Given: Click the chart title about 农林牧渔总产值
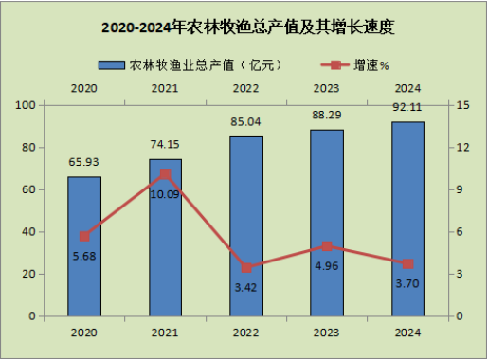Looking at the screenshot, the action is point(248,27).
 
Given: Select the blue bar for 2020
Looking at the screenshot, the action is point(84,246).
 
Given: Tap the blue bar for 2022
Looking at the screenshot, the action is point(246,226).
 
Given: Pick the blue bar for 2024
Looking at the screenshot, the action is point(407,219).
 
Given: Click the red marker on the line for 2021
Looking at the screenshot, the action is point(165,174).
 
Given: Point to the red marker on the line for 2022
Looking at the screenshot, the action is point(246,268).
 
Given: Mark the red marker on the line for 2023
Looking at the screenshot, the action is point(327,246).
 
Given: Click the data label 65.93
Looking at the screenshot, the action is point(83,162).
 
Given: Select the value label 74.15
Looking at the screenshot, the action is point(165,144).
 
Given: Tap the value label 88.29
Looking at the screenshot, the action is point(327,115).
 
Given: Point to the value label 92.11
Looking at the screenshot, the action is point(407,107).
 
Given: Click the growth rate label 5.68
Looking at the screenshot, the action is point(84,256).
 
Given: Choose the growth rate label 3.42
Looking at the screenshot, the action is point(245,288).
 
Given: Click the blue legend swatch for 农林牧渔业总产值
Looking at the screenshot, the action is point(112,65).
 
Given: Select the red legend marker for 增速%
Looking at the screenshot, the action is point(335,65).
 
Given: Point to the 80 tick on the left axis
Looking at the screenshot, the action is point(28,148).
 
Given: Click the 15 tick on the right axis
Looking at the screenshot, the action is point(463,105).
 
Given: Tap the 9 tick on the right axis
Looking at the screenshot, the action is point(460,189).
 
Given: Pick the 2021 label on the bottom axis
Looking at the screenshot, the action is point(165,333).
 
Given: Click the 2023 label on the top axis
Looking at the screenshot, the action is point(327,88).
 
